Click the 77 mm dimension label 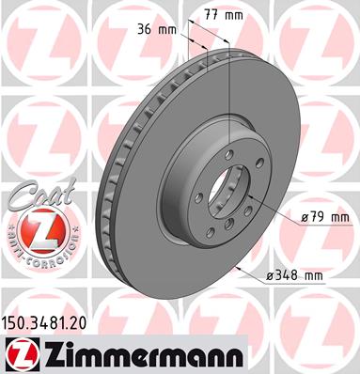[224, 15]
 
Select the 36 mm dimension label [157, 30]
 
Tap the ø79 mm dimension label [325, 217]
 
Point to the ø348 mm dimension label [294, 276]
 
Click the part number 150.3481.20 [44, 323]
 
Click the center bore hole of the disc [225, 192]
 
